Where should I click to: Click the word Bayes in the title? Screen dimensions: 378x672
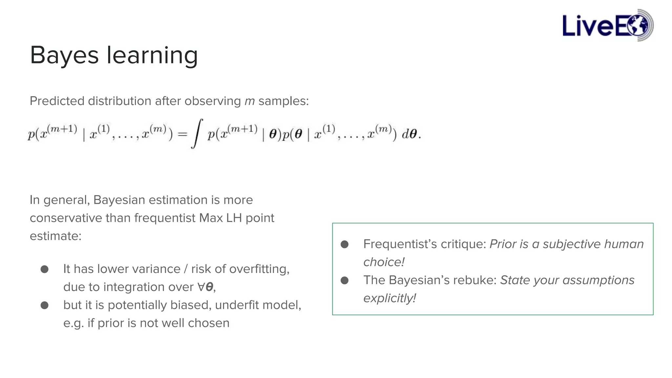point(64,55)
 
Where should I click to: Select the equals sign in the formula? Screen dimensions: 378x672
point(182,134)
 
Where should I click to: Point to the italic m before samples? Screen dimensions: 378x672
point(249,101)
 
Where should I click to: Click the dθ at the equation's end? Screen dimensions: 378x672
point(410,134)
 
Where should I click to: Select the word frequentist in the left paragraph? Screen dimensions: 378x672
point(165,218)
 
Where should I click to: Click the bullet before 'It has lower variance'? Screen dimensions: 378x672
point(45,269)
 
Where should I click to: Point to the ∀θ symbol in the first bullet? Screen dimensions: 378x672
point(205,287)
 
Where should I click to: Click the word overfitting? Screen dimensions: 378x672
point(259,269)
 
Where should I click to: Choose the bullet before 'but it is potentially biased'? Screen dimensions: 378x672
point(45,305)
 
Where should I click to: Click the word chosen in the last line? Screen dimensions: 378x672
point(208,323)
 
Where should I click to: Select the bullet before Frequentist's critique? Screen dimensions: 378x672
point(345,244)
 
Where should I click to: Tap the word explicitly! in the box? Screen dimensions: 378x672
point(389,298)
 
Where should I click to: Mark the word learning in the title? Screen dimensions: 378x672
point(152,55)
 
